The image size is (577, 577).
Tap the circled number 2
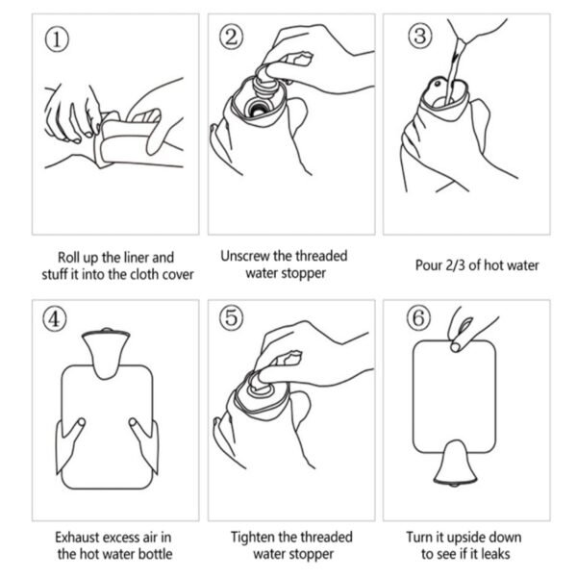(x=232, y=38)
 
